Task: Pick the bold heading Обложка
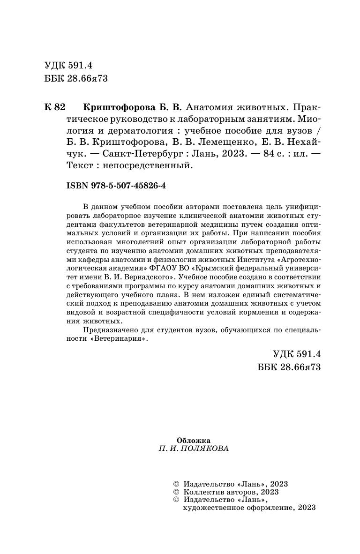click(194, 440)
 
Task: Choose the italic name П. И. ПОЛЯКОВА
click(194, 449)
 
